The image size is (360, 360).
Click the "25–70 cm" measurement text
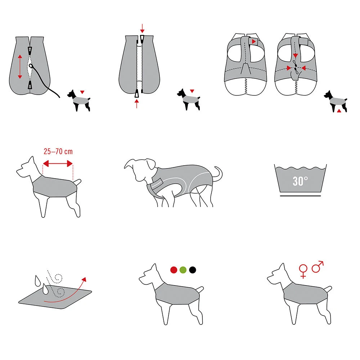pyautogui.click(x=58, y=152)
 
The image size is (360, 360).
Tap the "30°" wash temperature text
pyautogui.click(x=300, y=181)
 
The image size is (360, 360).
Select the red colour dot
pyautogui.click(x=174, y=270)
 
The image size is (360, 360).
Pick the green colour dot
pyautogui.click(x=183, y=270)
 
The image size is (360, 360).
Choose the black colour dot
pyautogui.click(x=193, y=270)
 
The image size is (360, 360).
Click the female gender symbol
pyautogui.click(x=303, y=271)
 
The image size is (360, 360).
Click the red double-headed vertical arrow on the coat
pyautogui.click(x=20, y=67)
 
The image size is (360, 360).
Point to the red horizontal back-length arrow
pyautogui.click(x=58, y=164)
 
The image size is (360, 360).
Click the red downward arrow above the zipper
pyautogui.click(x=142, y=28)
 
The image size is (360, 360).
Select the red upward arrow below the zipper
pyautogui.click(x=137, y=104)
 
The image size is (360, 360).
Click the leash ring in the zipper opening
pyautogui.click(x=31, y=66)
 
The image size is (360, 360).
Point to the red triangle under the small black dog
pyautogui.click(x=339, y=111)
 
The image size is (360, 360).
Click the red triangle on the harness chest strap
pyautogui.click(x=253, y=41)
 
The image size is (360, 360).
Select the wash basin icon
pyautogui.click(x=300, y=180)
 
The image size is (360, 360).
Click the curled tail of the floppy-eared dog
pyautogui.click(x=218, y=174)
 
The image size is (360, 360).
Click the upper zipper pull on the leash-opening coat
pyautogui.click(x=30, y=51)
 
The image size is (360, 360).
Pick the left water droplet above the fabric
pyautogui.click(x=37, y=280)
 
